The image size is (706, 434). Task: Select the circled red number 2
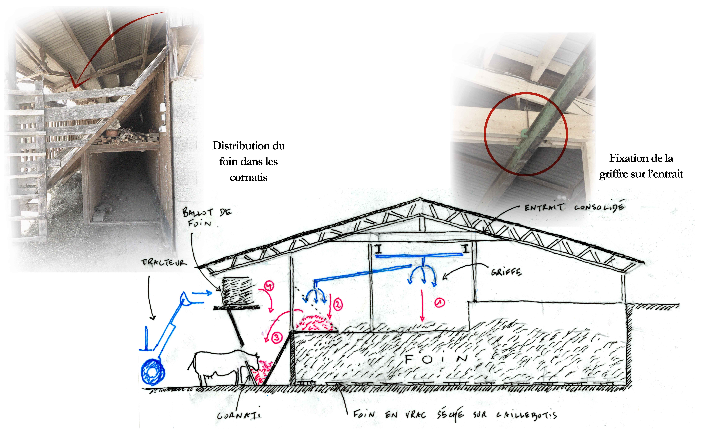point(338,304)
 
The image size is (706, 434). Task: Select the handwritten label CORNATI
point(239,415)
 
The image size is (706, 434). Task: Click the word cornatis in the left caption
point(248,177)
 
